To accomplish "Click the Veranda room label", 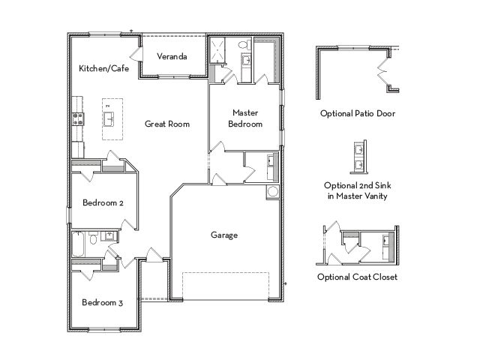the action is pos(172,56).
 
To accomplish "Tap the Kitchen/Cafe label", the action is pos(103,68).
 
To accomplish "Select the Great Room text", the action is pos(167,124).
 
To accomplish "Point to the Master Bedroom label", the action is pos(245,118).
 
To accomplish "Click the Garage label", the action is pos(224,235).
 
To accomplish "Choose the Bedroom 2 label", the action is pos(103,202).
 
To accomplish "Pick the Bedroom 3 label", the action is pos(103,302).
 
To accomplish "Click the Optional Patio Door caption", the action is pos(358,113).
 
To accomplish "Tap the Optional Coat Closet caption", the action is pos(357,277).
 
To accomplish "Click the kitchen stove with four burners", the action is pos(78,119).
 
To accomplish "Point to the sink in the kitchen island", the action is pos(109,119).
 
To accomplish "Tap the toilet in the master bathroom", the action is pos(244,45).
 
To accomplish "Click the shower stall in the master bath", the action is pos(217,50).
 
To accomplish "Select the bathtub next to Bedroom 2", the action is pos(78,244).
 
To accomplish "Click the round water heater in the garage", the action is pos(272,192).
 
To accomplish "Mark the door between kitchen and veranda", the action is pos(136,55).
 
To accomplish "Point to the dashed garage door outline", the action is pos(226,286).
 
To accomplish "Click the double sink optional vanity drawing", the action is pos(358,157).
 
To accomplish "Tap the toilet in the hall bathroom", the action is pos(94,238).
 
